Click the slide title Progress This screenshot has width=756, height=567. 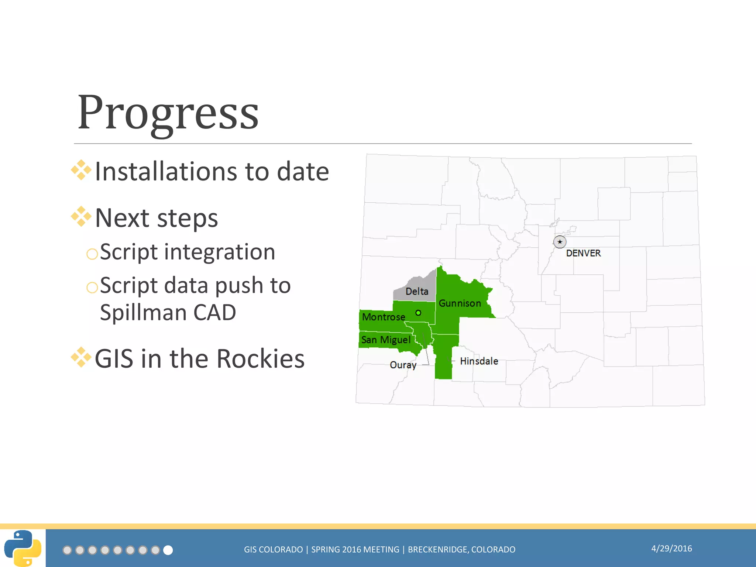click(168, 113)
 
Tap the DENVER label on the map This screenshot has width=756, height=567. click(583, 253)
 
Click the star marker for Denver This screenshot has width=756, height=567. click(560, 242)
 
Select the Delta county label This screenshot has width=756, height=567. click(417, 291)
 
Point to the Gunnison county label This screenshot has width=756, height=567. click(460, 303)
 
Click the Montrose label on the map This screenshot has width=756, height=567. click(384, 317)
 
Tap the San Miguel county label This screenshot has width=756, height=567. click(386, 340)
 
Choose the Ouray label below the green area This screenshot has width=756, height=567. click(403, 365)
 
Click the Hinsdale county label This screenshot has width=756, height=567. click(479, 361)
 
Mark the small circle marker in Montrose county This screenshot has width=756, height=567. click(418, 313)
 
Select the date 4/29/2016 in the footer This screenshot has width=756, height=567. click(671, 549)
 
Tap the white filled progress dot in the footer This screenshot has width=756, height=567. click(168, 550)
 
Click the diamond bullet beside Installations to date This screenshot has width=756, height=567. click(81, 170)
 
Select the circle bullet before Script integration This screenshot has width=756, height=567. click(92, 254)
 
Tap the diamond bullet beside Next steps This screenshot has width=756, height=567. click(81, 217)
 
